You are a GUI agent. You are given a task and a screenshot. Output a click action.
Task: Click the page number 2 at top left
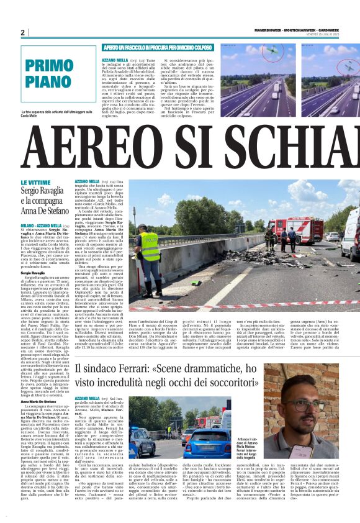[x=23, y=33]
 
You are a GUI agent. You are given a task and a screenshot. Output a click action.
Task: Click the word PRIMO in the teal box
[x=49, y=67]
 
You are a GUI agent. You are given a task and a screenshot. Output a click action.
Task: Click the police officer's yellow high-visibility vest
[x=150, y=247]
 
